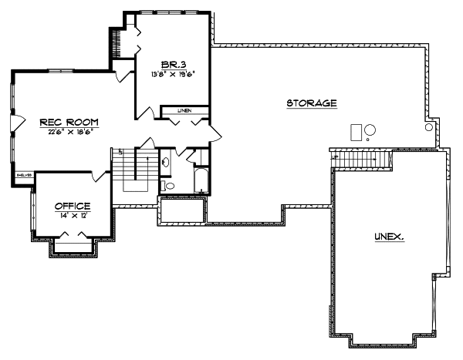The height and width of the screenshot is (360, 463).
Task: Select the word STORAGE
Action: [x=312, y=103]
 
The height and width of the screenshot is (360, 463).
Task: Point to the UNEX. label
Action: [x=389, y=237]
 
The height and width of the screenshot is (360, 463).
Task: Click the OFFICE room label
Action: [x=73, y=206]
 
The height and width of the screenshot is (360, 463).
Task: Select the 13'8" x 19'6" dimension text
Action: [x=173, y=75]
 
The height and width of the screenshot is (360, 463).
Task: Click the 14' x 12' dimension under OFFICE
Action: [x=73, y=216]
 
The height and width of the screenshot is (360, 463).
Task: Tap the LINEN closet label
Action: [x=184, y=111]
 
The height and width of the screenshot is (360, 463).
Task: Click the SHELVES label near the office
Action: [x=25, y=176]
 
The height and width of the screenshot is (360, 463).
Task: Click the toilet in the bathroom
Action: [x=170, y=185]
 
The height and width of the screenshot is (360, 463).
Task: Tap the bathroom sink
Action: [x=166, y=162]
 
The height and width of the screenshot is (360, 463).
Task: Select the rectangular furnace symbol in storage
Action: [x=356, y=131]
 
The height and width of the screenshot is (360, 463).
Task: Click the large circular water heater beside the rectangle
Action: [x=370, y=130]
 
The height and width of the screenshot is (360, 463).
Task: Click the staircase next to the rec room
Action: [x=136, y=170]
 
